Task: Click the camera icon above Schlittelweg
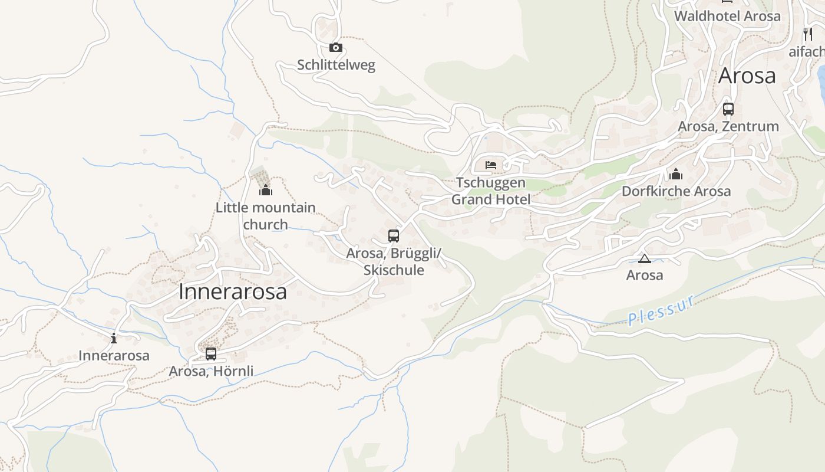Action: pyautogui.click(x=335, y=47)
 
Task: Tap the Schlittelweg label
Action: pyautogui.click(x=336, y=65)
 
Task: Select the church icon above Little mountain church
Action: pyautogui.click(x=266, y=190)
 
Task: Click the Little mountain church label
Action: pyautogui.click(x=266, y=216)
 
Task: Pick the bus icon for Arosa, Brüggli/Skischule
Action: pyautogui.click(x=394, y=236)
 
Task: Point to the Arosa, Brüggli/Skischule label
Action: pyautogui.click(x=394, y=261)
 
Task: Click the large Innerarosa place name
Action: pyautogui.click(x=232, y=291)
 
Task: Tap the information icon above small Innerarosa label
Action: pyautogui.click(x=114, y=338)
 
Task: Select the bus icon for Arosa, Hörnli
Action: pyautogui.click(x=211, y=354)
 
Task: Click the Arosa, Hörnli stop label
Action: pyautogui.click(x=211, y=371)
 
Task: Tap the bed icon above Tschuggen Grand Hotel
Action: pyautogui.click(x=491, y=165)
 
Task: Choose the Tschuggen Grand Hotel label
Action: pyautogui.click(x=491, y=191)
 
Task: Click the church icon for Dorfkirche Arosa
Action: pyautogui.click(x=676, y=174)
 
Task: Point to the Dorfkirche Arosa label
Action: pyautogui.click(x=676, y=191)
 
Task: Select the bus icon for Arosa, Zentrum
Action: pyautogui.click(x=728, y=109)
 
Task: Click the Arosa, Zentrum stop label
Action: pyautogui.click(x=728, y=126)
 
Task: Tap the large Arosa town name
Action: pyautogui.click(x=747, y=76)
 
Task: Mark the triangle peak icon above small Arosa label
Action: pyautogui.click(x=645, y=258)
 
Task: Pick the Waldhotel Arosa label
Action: pyautogui.click(x=727, y=16)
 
